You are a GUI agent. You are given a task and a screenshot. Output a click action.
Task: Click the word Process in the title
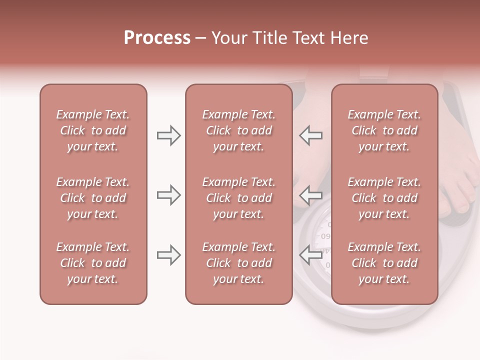click(157, 38)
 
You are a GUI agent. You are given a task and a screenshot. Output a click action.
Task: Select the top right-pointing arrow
click(168, 135)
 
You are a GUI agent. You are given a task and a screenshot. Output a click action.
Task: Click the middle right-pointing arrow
click(168, 195)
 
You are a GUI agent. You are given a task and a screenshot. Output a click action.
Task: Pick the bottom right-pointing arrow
click(168, 255)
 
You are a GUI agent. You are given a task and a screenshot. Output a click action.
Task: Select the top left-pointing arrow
click(310, 135)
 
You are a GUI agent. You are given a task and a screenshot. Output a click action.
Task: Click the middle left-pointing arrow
click(310, 195)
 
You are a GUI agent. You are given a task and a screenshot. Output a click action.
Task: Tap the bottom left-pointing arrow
click(310, 255)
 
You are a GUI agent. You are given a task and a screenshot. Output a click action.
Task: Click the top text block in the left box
click(93, 130)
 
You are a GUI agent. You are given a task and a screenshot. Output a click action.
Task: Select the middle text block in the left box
click(93, 198)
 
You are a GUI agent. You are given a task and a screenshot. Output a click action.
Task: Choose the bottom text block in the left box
click(93, 263)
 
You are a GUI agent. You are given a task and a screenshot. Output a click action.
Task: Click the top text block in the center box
click(238, 130)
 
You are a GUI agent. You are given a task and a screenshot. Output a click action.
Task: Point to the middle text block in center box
click(238, 198)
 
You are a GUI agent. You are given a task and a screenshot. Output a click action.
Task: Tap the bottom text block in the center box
click(238, 263)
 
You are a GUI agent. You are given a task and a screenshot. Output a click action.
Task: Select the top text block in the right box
click(384, 130)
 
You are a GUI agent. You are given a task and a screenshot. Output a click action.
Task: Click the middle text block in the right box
click(384, 198)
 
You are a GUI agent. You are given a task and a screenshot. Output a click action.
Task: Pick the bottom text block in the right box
click(384, 263)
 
